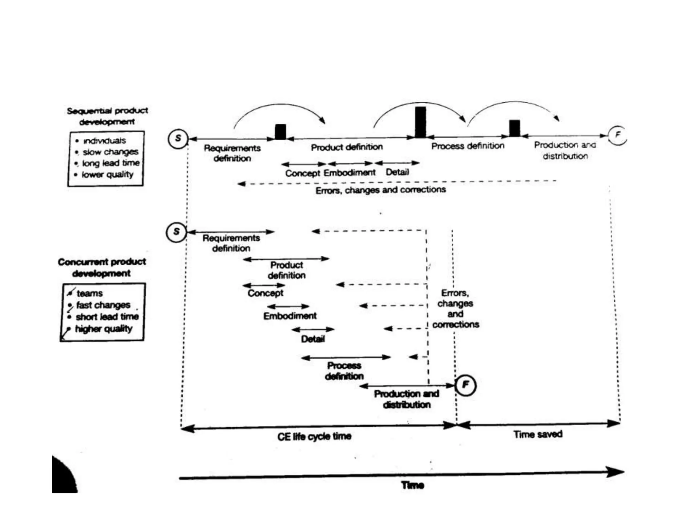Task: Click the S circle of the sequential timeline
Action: [178, 139]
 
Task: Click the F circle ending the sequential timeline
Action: [617, 135]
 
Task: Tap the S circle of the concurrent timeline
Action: [176, 232]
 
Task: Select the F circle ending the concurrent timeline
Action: [465, 385]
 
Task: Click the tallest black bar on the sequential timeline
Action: [420, 122]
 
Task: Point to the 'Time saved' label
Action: [538, 434]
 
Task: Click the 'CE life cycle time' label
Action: [314, 436]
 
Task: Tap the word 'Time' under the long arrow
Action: [413, 485]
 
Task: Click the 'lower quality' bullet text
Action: [107, 175]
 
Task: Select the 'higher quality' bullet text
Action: [104, 329]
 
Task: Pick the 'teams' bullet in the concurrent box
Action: [89, 293]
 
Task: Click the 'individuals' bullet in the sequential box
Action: [104, 141]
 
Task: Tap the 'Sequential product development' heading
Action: [107, 116]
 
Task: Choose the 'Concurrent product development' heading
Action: [102, 267]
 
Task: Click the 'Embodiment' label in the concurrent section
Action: [290, 316]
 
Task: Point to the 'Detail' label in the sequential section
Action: [397, 172]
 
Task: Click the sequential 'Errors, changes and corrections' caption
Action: [381, 190]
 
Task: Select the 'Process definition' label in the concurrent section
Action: [344, 371]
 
